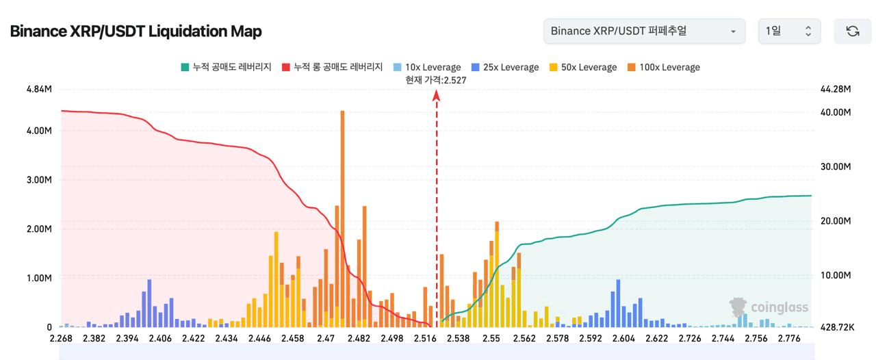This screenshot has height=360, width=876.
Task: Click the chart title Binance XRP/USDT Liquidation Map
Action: [136, 31]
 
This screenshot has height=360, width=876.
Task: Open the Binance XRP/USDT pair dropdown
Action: [644, 31]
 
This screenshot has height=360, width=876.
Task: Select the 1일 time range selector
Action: [788, 31]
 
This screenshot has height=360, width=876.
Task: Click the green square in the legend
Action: [185, 67]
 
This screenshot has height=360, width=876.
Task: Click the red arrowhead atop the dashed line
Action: [436, 96]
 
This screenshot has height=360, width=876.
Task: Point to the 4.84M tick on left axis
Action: [38, 90]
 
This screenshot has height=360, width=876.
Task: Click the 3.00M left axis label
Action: [38, 180]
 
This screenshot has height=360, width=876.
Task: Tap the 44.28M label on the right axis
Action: [834, 90]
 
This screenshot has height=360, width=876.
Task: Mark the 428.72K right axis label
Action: [836, 328]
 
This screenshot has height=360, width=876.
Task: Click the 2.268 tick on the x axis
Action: [62, 338]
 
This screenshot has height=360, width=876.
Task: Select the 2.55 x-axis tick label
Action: [491, 338]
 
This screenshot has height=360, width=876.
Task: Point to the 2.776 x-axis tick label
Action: [789, 338]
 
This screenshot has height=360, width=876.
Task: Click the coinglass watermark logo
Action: [769, 307]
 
